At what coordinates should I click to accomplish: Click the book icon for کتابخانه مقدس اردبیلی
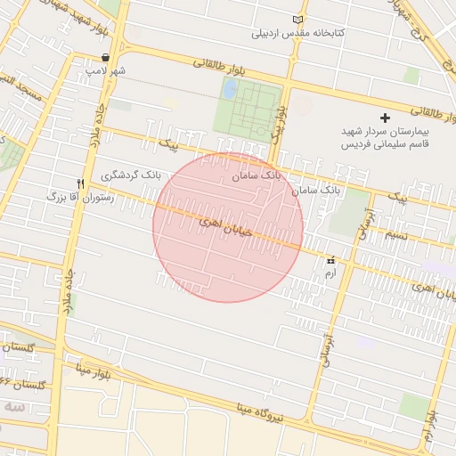tap(297, 20)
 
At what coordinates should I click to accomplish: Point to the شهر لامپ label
tap(112, 69)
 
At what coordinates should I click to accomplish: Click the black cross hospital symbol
tap(385, 118)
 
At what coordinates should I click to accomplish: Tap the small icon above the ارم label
tap(332, 260)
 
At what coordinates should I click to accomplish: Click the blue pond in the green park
tap(230, 89)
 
